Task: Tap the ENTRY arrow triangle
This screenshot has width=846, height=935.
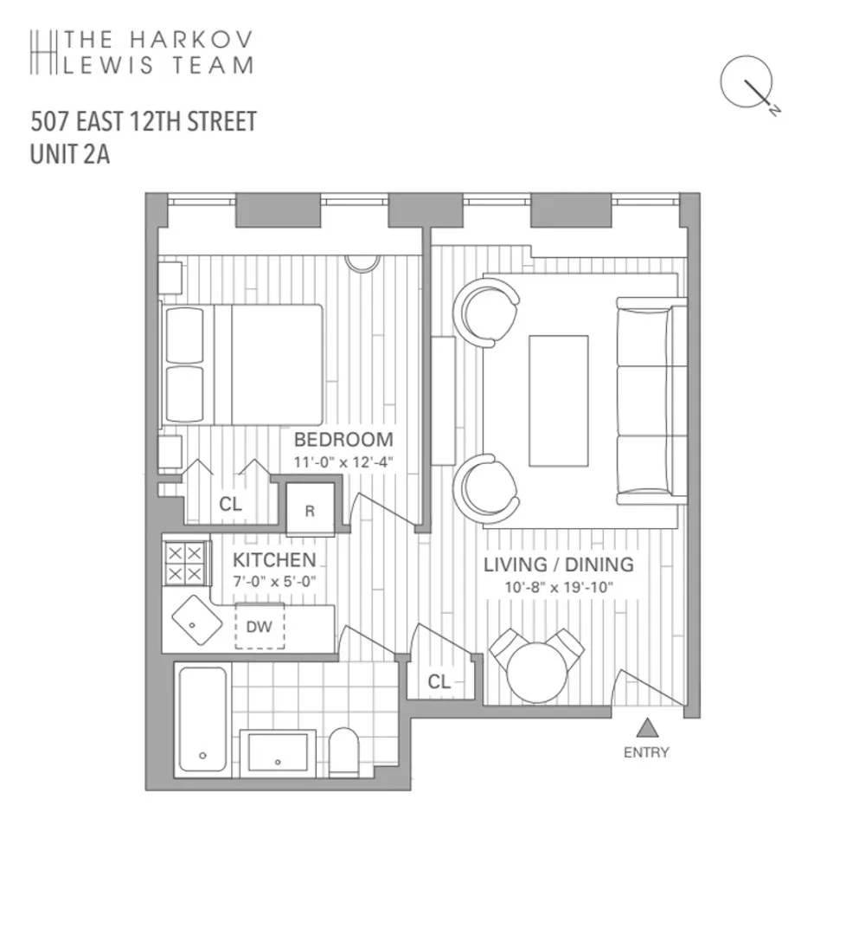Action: tap(645, 727)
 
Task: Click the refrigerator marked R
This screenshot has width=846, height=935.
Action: tap(310, 510)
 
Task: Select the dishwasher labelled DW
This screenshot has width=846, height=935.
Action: tap(260, 627)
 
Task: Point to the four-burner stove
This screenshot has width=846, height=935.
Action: tap(188, 562)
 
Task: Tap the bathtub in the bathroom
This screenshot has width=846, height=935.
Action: tap(202, 720)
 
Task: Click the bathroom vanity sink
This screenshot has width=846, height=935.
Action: tap(278, 752)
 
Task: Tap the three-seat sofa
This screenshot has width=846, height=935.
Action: tap(651, 401)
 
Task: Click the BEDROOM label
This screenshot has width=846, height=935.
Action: tap(343, 439)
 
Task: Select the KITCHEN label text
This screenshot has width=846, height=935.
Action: tap(273, 560)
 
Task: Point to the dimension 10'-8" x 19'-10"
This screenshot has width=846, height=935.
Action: tap(559, 588)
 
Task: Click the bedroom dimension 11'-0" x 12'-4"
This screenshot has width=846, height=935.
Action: tap(343, 461)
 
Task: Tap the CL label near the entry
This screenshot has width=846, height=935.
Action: tap(439, 682)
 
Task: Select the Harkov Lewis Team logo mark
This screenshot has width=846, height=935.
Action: tap(42, 53)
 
